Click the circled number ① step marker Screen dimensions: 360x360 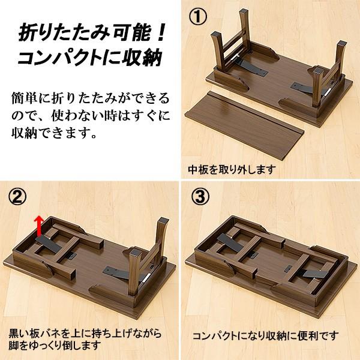198,17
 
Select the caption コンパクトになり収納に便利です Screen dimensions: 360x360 265,335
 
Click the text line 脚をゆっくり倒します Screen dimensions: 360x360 59,346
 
